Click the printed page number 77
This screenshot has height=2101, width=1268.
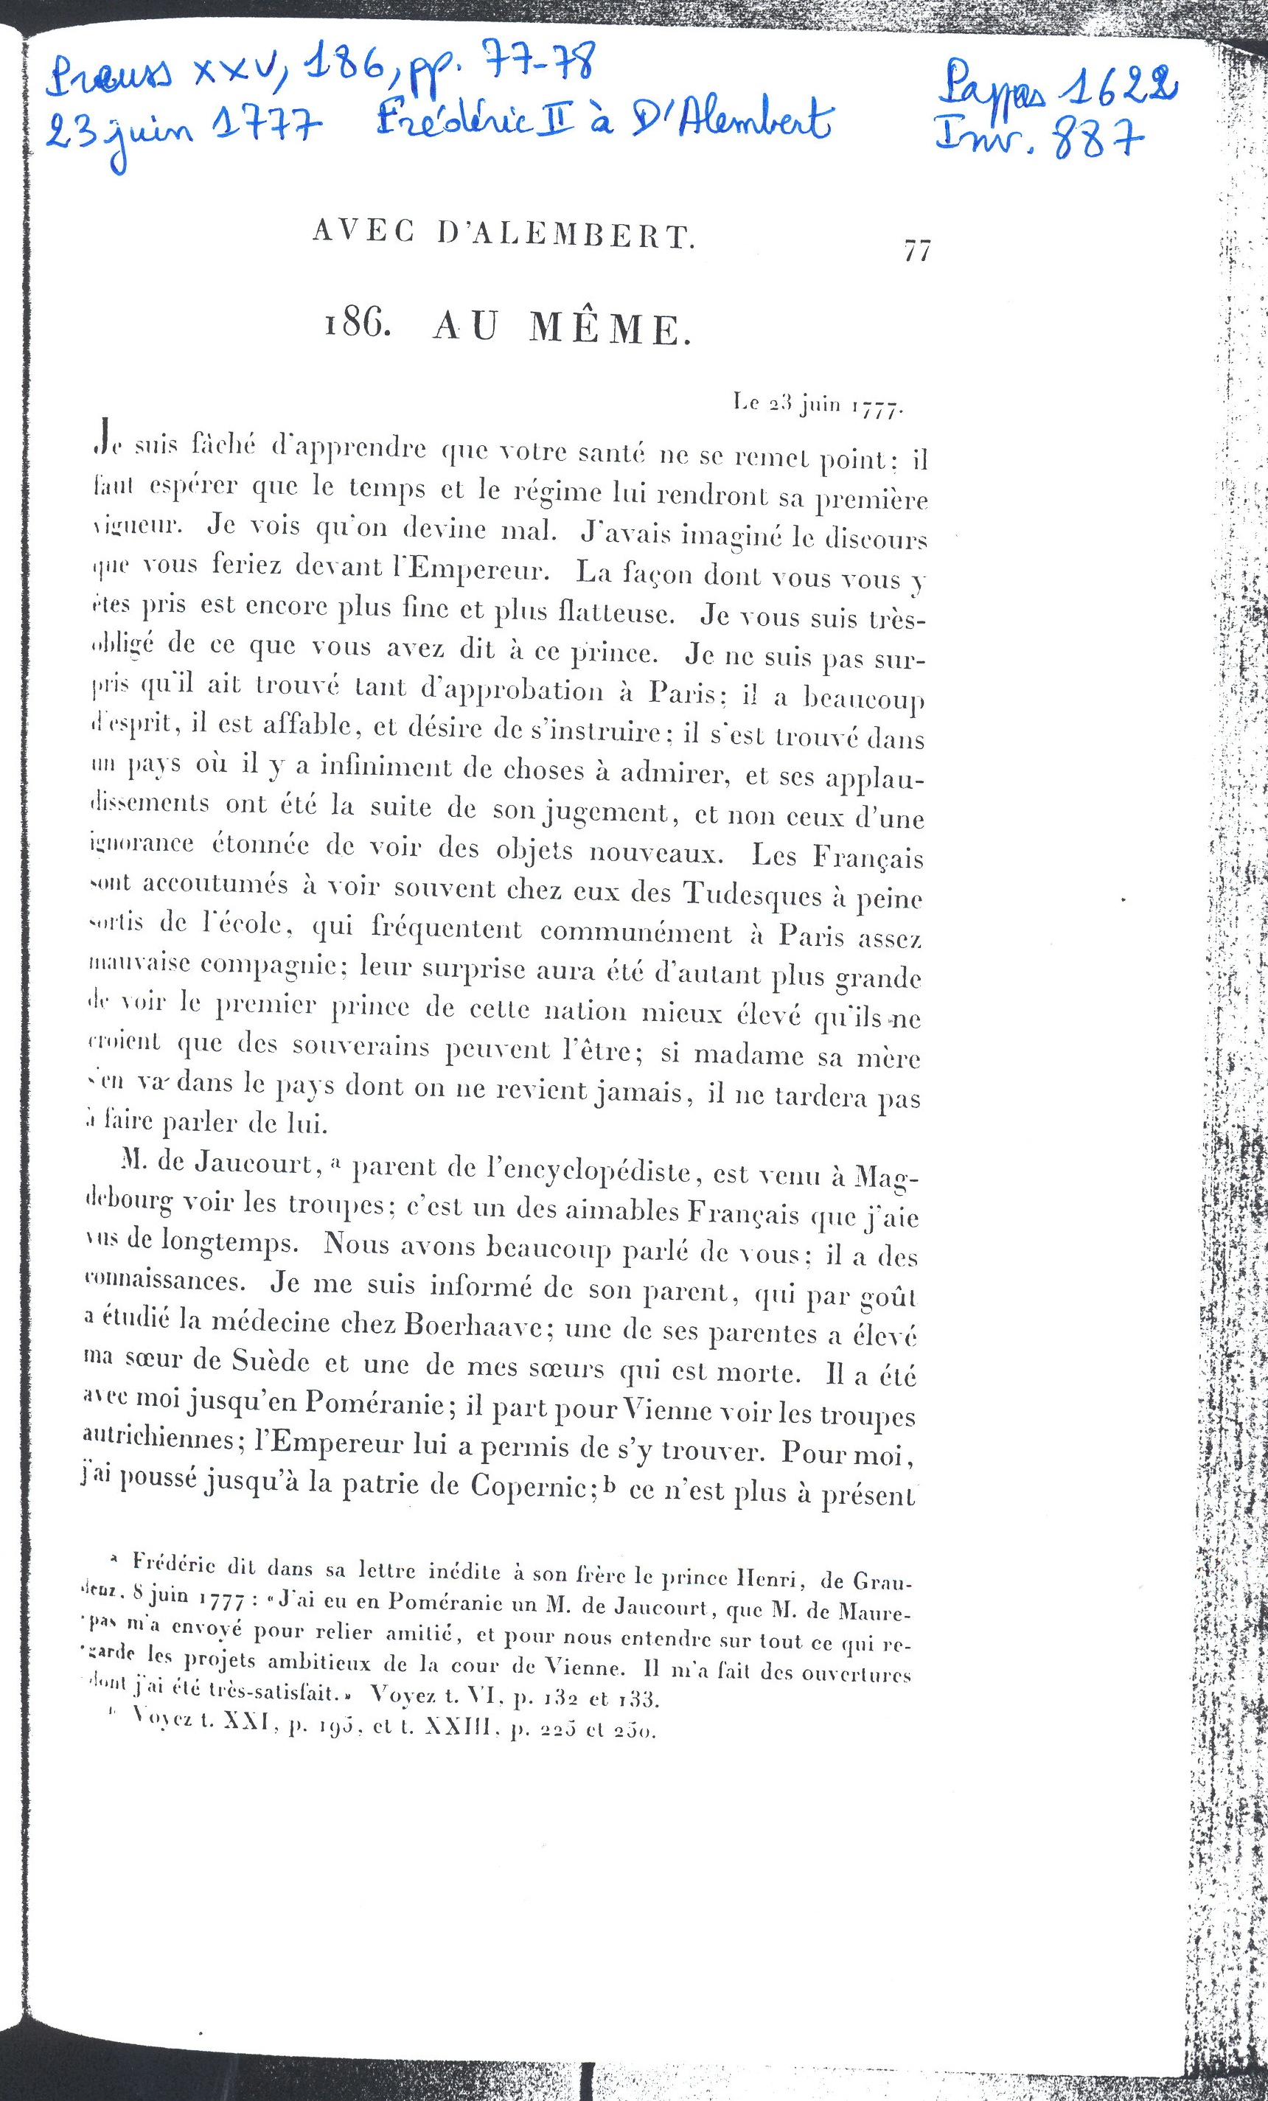[x=916, y=251]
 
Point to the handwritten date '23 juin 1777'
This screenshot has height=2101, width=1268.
[x=183, y=133]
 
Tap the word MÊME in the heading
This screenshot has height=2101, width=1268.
[x=608, y=328]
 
